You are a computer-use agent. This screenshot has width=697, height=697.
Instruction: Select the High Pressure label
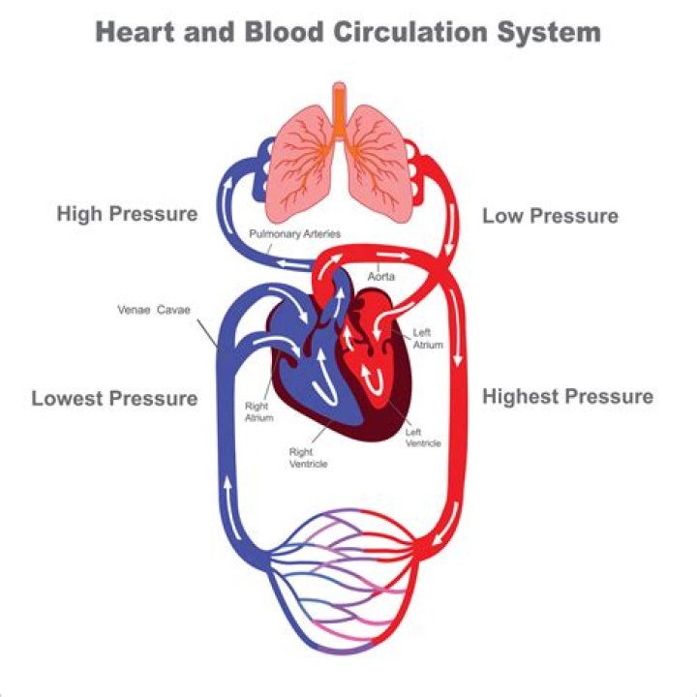click(x=127, y=213)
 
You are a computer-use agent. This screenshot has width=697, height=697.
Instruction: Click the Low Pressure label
click(x=550, y=215)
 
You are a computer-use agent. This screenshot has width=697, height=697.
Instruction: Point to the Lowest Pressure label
click(x=114, y=398)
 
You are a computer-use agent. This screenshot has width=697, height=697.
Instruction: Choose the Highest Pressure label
click(x=567, y=396)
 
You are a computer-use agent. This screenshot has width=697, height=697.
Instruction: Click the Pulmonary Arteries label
click(x=294, y=234)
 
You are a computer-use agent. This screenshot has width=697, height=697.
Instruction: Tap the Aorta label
click(x=379, y=276)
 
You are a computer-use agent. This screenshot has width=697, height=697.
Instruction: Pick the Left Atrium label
click(x=422, y=338)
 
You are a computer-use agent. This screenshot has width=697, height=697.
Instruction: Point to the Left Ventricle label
click(x=423, y=437)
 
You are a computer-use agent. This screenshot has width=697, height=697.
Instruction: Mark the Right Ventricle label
click(x=309, y=457)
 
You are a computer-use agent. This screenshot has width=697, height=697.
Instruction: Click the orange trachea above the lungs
click(x=338, y=106)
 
